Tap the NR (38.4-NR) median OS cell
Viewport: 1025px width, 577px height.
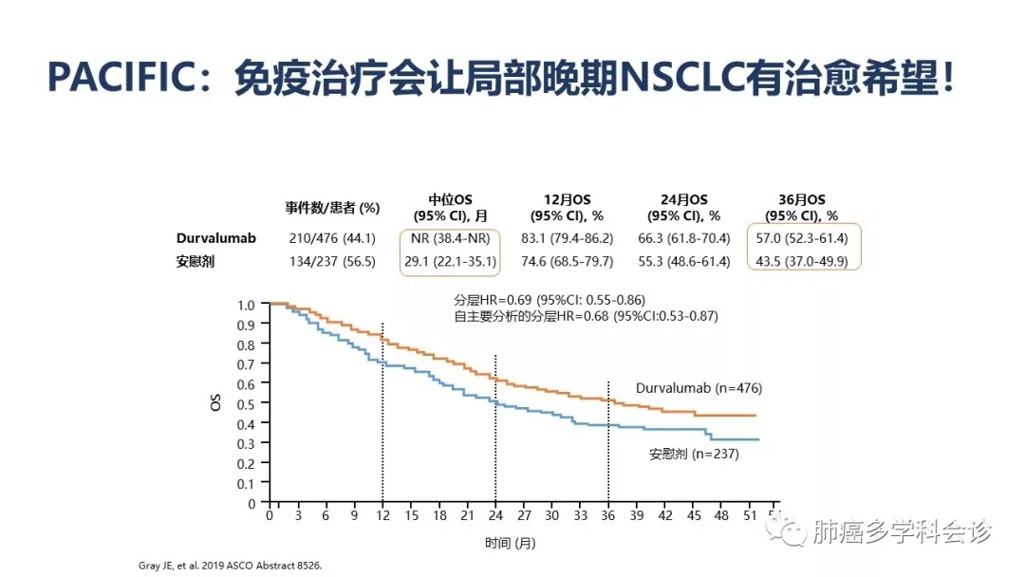[x=450, y=238]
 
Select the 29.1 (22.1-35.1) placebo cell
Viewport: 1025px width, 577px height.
[x=450, y=262]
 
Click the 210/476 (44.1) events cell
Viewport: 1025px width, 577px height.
[x=333, y=238]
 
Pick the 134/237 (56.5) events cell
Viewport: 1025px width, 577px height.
[x=333, y=262]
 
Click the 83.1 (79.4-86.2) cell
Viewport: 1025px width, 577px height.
[x=568, y=238]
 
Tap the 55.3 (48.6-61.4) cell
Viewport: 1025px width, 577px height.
[x=683, y=262]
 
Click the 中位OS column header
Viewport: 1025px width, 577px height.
[x=450, y=199]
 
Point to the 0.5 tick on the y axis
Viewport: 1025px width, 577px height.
[x=247, y=404]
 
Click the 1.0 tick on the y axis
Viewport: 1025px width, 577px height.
[x=247, y=305]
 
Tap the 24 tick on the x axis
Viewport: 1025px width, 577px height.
[x=495, y=515]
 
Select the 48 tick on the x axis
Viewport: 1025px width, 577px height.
[x=722, y=515]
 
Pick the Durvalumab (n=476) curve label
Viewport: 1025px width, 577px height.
[x=699, y=388]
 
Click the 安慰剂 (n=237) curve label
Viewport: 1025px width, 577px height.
[x=694, y=454]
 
